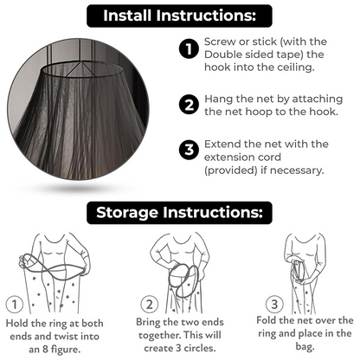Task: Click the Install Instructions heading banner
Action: (179, 16)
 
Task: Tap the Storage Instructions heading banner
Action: (179, 213)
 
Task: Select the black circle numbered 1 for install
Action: (189, 49)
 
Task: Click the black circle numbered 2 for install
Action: (189, 105)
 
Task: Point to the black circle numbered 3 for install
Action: (189, 150)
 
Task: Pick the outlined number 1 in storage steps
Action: (15, 304)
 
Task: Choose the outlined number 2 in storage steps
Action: (150, 304)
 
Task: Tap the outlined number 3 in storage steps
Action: (274, 304)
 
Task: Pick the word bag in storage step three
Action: (305, 346)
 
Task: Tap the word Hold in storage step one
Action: (16, 323)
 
